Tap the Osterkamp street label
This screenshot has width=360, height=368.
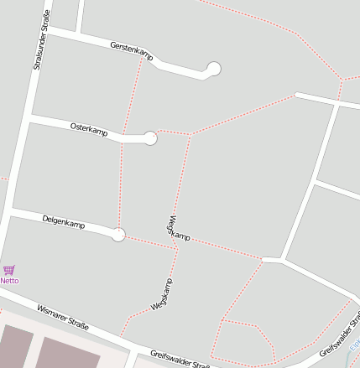point(90,130)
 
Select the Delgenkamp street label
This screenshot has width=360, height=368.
point(64,222)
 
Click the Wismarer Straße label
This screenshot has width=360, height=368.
point(63,318)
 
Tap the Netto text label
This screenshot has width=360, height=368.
point(9,281)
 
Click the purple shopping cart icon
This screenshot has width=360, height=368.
point(9,270)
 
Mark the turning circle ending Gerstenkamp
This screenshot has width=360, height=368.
point(214,69)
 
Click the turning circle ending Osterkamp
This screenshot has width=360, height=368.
point(150,138)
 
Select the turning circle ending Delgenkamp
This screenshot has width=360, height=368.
point(118,235)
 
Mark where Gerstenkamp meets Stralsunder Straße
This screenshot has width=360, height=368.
point(48,29)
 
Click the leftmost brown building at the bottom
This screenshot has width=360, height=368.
point(15,347)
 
